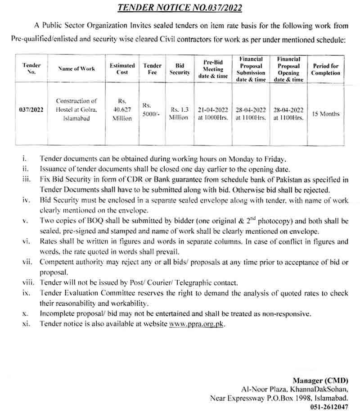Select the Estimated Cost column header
122,68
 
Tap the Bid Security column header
180,68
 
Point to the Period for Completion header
326,69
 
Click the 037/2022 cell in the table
31,109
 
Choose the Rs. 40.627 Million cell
122,109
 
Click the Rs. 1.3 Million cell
179,113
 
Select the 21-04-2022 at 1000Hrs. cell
212,113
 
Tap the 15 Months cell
325,114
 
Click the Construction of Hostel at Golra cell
76,109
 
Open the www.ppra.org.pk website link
196,323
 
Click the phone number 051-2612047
329,406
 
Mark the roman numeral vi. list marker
25,242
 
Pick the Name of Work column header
76,69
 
